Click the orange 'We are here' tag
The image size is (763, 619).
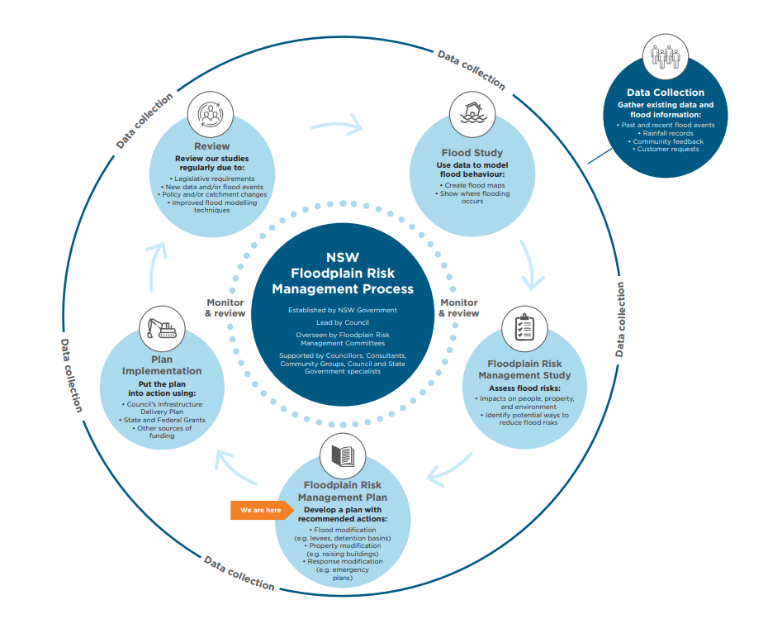click(258, 511)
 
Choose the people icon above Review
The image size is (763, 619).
click(212, 114)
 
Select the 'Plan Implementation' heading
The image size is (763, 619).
click(162, 366)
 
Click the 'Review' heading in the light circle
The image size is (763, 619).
click(211, 146)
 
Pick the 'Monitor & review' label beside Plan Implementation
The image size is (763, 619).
click(225, 308)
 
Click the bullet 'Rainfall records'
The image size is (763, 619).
click(667, 133)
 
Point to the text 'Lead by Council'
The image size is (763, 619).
click(343, 322)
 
